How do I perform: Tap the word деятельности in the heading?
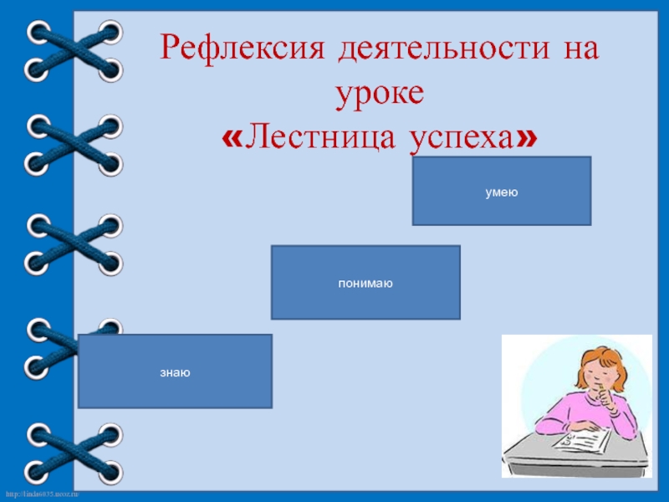pos(439,51)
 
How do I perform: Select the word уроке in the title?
pos(380,93)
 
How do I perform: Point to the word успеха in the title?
pos(460,138)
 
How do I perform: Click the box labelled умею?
pos(502,192)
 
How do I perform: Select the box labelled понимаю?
pos(365,283)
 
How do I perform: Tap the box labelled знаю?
pos(175,371)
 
